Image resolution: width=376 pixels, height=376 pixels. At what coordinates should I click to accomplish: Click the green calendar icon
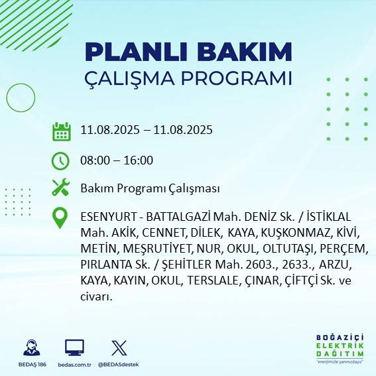tap(61, 131)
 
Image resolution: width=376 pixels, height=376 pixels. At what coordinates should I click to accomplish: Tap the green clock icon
tap(60, 160)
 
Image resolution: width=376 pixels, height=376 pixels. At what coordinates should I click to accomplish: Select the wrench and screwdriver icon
tap(60, 188)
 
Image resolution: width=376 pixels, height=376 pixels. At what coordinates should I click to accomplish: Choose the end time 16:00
tap(139, 160)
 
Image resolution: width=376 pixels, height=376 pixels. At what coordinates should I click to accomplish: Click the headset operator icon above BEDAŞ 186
tap(30, 347)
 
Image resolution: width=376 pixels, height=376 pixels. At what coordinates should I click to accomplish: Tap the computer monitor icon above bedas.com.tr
tap(74, 347)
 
